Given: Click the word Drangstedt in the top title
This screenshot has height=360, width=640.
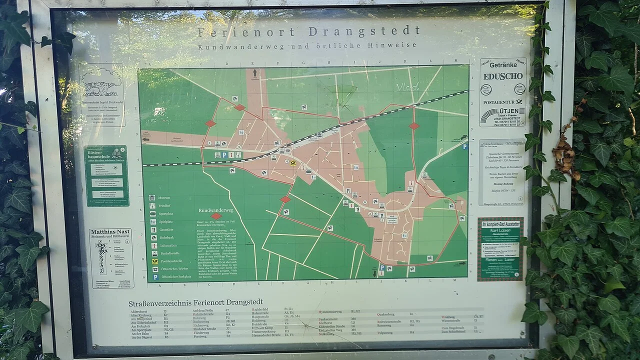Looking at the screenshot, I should pos(364,31).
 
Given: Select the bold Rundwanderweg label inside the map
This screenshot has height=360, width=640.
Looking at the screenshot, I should pos(216,210).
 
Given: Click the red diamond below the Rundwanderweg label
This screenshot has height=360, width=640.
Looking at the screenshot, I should pos(216,216).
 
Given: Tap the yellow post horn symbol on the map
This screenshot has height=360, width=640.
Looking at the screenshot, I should pos(293,163).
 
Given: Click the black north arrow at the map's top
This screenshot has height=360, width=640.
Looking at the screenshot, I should pos(255,73).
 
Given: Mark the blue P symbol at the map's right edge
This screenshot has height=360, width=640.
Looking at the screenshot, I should pos(464,146).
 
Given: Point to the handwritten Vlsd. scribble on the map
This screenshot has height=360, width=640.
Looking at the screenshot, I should pos(407,87).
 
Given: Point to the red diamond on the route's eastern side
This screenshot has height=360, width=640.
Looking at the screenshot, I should pos(414,126).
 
